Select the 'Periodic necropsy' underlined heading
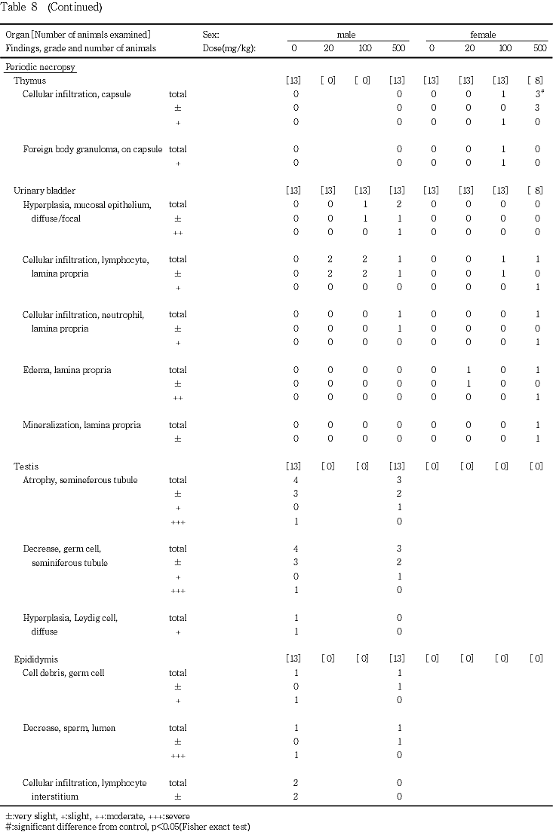coord(40,67)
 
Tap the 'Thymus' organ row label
coord(29,81)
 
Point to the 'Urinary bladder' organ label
coord(45,191)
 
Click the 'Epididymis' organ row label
coord(36,659)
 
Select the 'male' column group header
coord(347,35)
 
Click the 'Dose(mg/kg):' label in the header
coord(229,48)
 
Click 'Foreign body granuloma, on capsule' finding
coord(92,149)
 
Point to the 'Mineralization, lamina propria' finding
coord(81,425)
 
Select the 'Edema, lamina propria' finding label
coord(67,370)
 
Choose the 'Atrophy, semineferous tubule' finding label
coord(80,480)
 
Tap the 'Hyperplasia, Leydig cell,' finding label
coord(70,618)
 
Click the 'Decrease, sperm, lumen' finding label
coord(69,728)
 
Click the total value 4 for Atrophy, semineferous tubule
coord(296,480)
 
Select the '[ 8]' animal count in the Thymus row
coord(536,81)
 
